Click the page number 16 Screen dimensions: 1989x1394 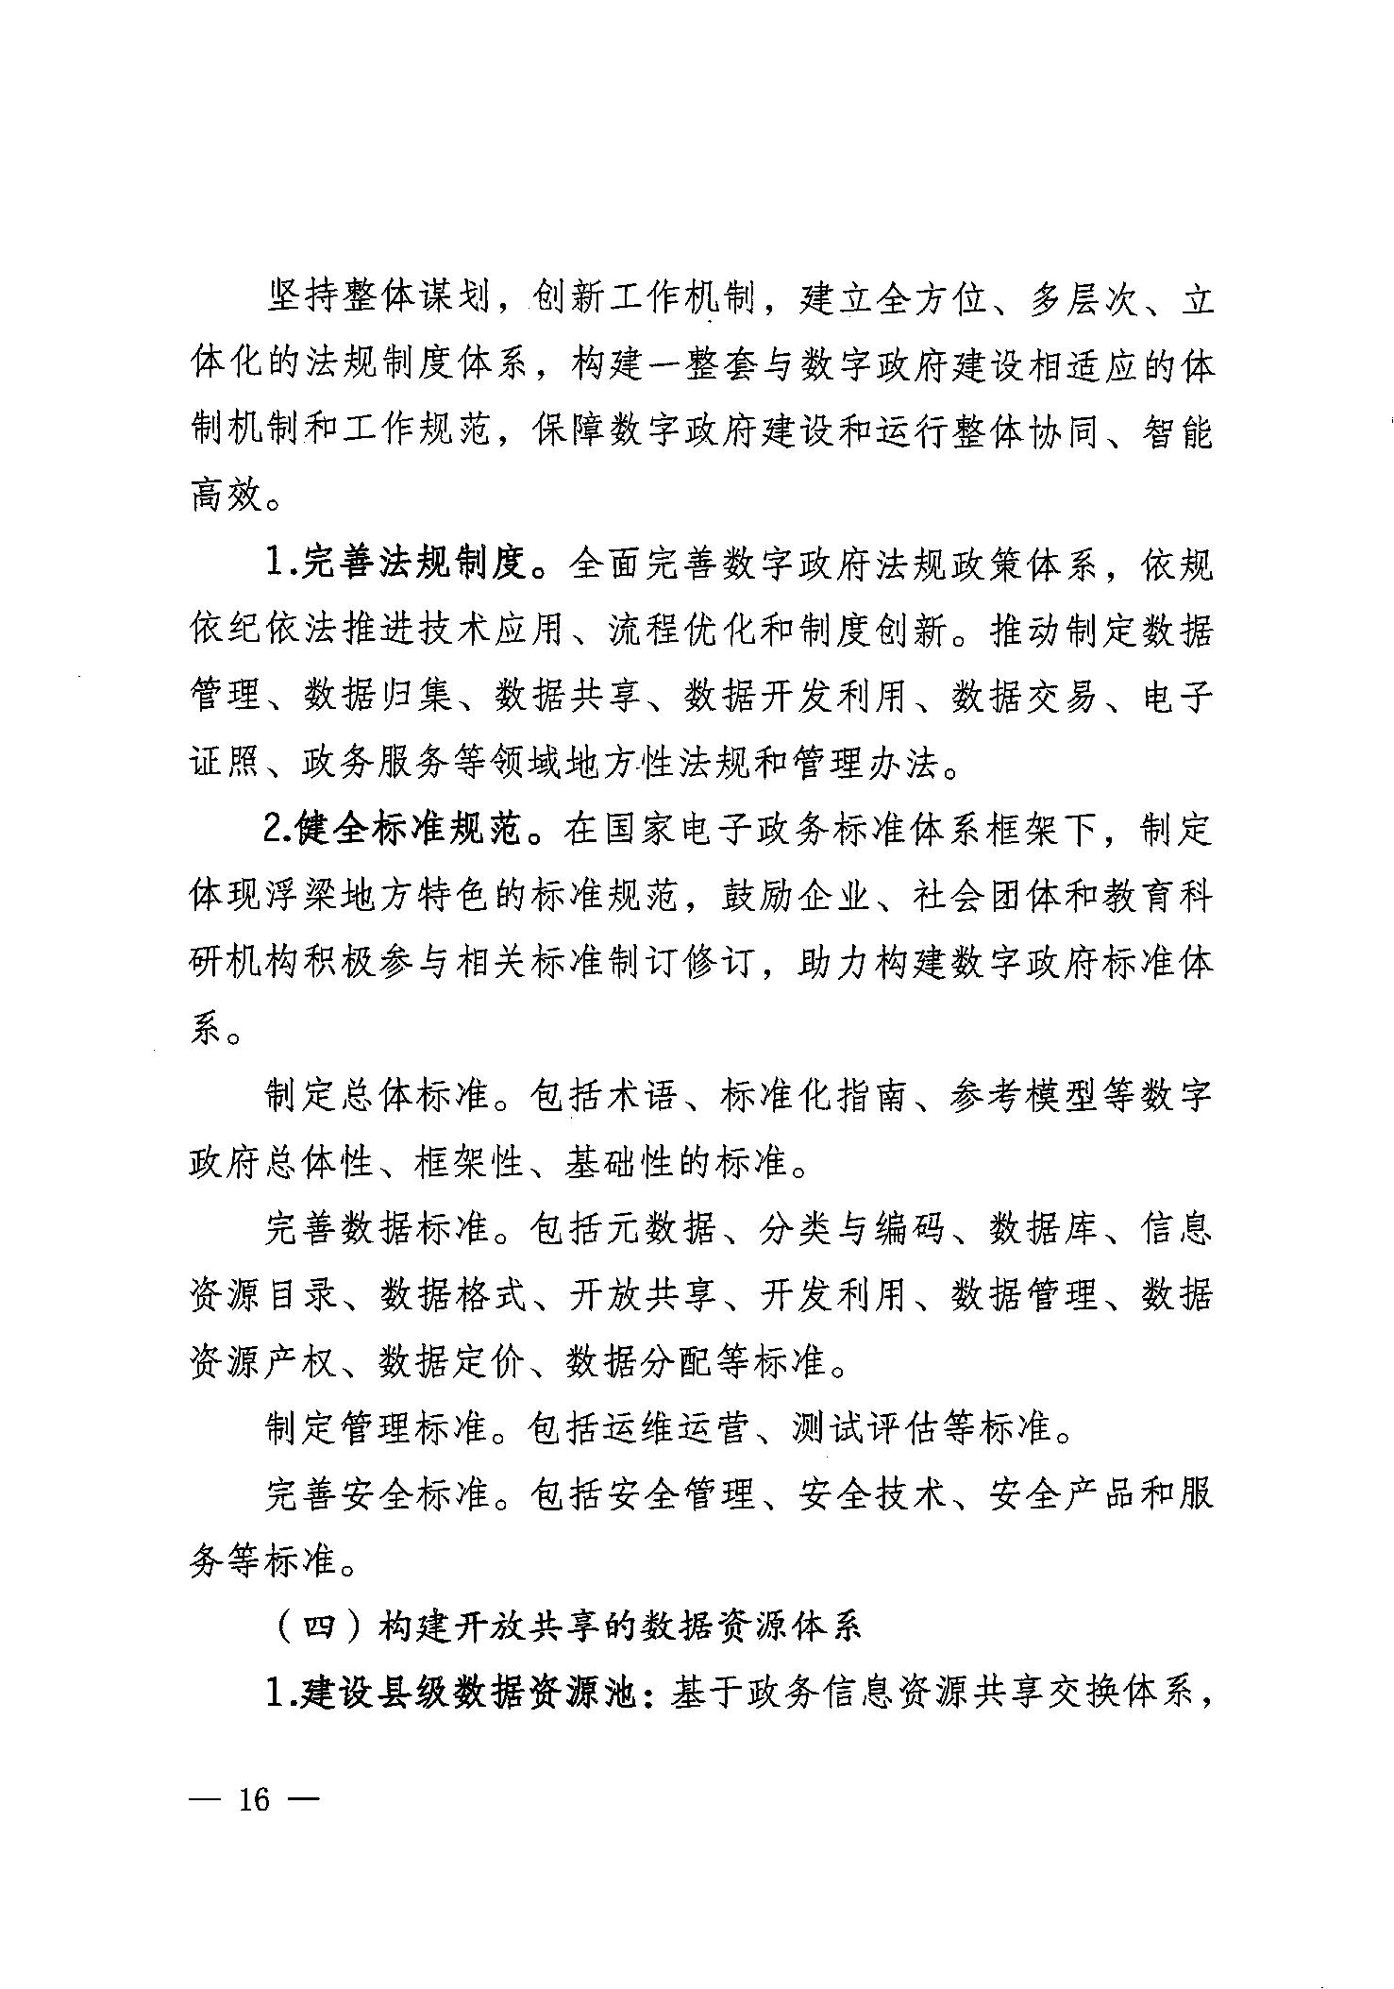point(255,1799)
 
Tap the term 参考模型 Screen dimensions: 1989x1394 point(1024,1096)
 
